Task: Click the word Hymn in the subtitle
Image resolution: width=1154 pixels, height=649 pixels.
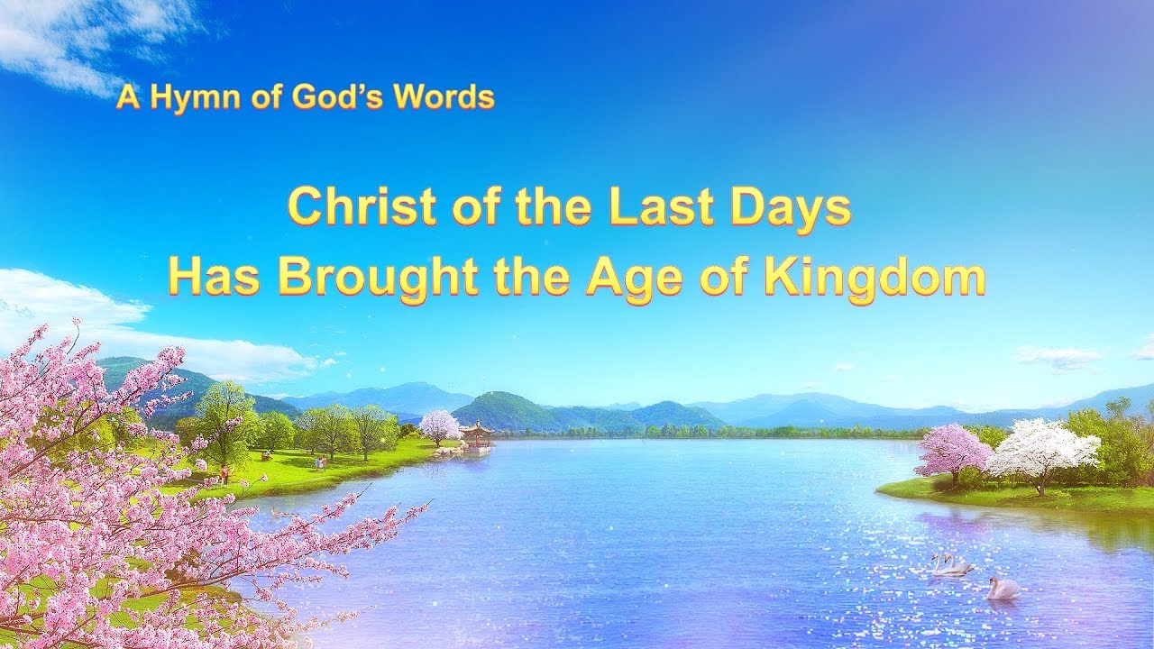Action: point(194,98)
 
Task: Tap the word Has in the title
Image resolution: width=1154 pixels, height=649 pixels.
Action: point(212,279)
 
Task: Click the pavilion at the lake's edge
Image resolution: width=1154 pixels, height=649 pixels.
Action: point(476,436)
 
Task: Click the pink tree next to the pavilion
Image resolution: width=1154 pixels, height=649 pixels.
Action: point(439,427)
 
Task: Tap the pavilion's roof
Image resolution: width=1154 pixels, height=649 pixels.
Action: point(476,427)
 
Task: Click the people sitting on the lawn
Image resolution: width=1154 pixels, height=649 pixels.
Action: point(267,456)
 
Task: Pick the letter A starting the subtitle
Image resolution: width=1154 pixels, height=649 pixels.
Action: point(128,98)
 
